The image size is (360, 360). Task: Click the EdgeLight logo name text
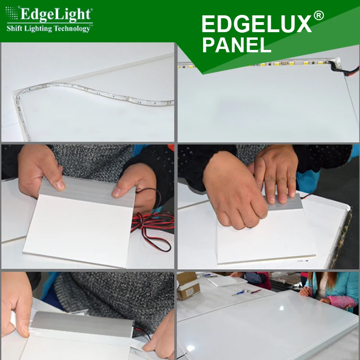click(55, 15)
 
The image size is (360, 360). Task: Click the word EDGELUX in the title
click(256, 24)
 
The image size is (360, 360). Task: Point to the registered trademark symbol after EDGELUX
click(318, 16)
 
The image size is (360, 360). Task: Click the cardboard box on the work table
click(188, 287)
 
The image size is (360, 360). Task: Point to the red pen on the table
click(255, 291)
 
